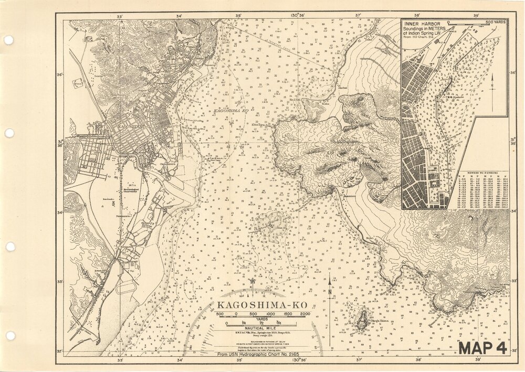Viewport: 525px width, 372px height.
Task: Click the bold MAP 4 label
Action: (482, 348)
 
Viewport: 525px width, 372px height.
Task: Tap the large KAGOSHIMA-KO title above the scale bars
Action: (261, 305)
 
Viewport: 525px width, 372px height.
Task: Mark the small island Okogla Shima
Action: (361, 319)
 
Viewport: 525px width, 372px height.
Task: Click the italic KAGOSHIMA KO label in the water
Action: (230, 112)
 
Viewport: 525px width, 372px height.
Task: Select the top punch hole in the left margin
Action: (8, 40)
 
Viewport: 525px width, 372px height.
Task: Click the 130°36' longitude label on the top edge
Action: (298, 16)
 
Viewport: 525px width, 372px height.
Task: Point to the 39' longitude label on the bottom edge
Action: (478, 360)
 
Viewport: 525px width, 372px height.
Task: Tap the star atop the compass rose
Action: (252, 281)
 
